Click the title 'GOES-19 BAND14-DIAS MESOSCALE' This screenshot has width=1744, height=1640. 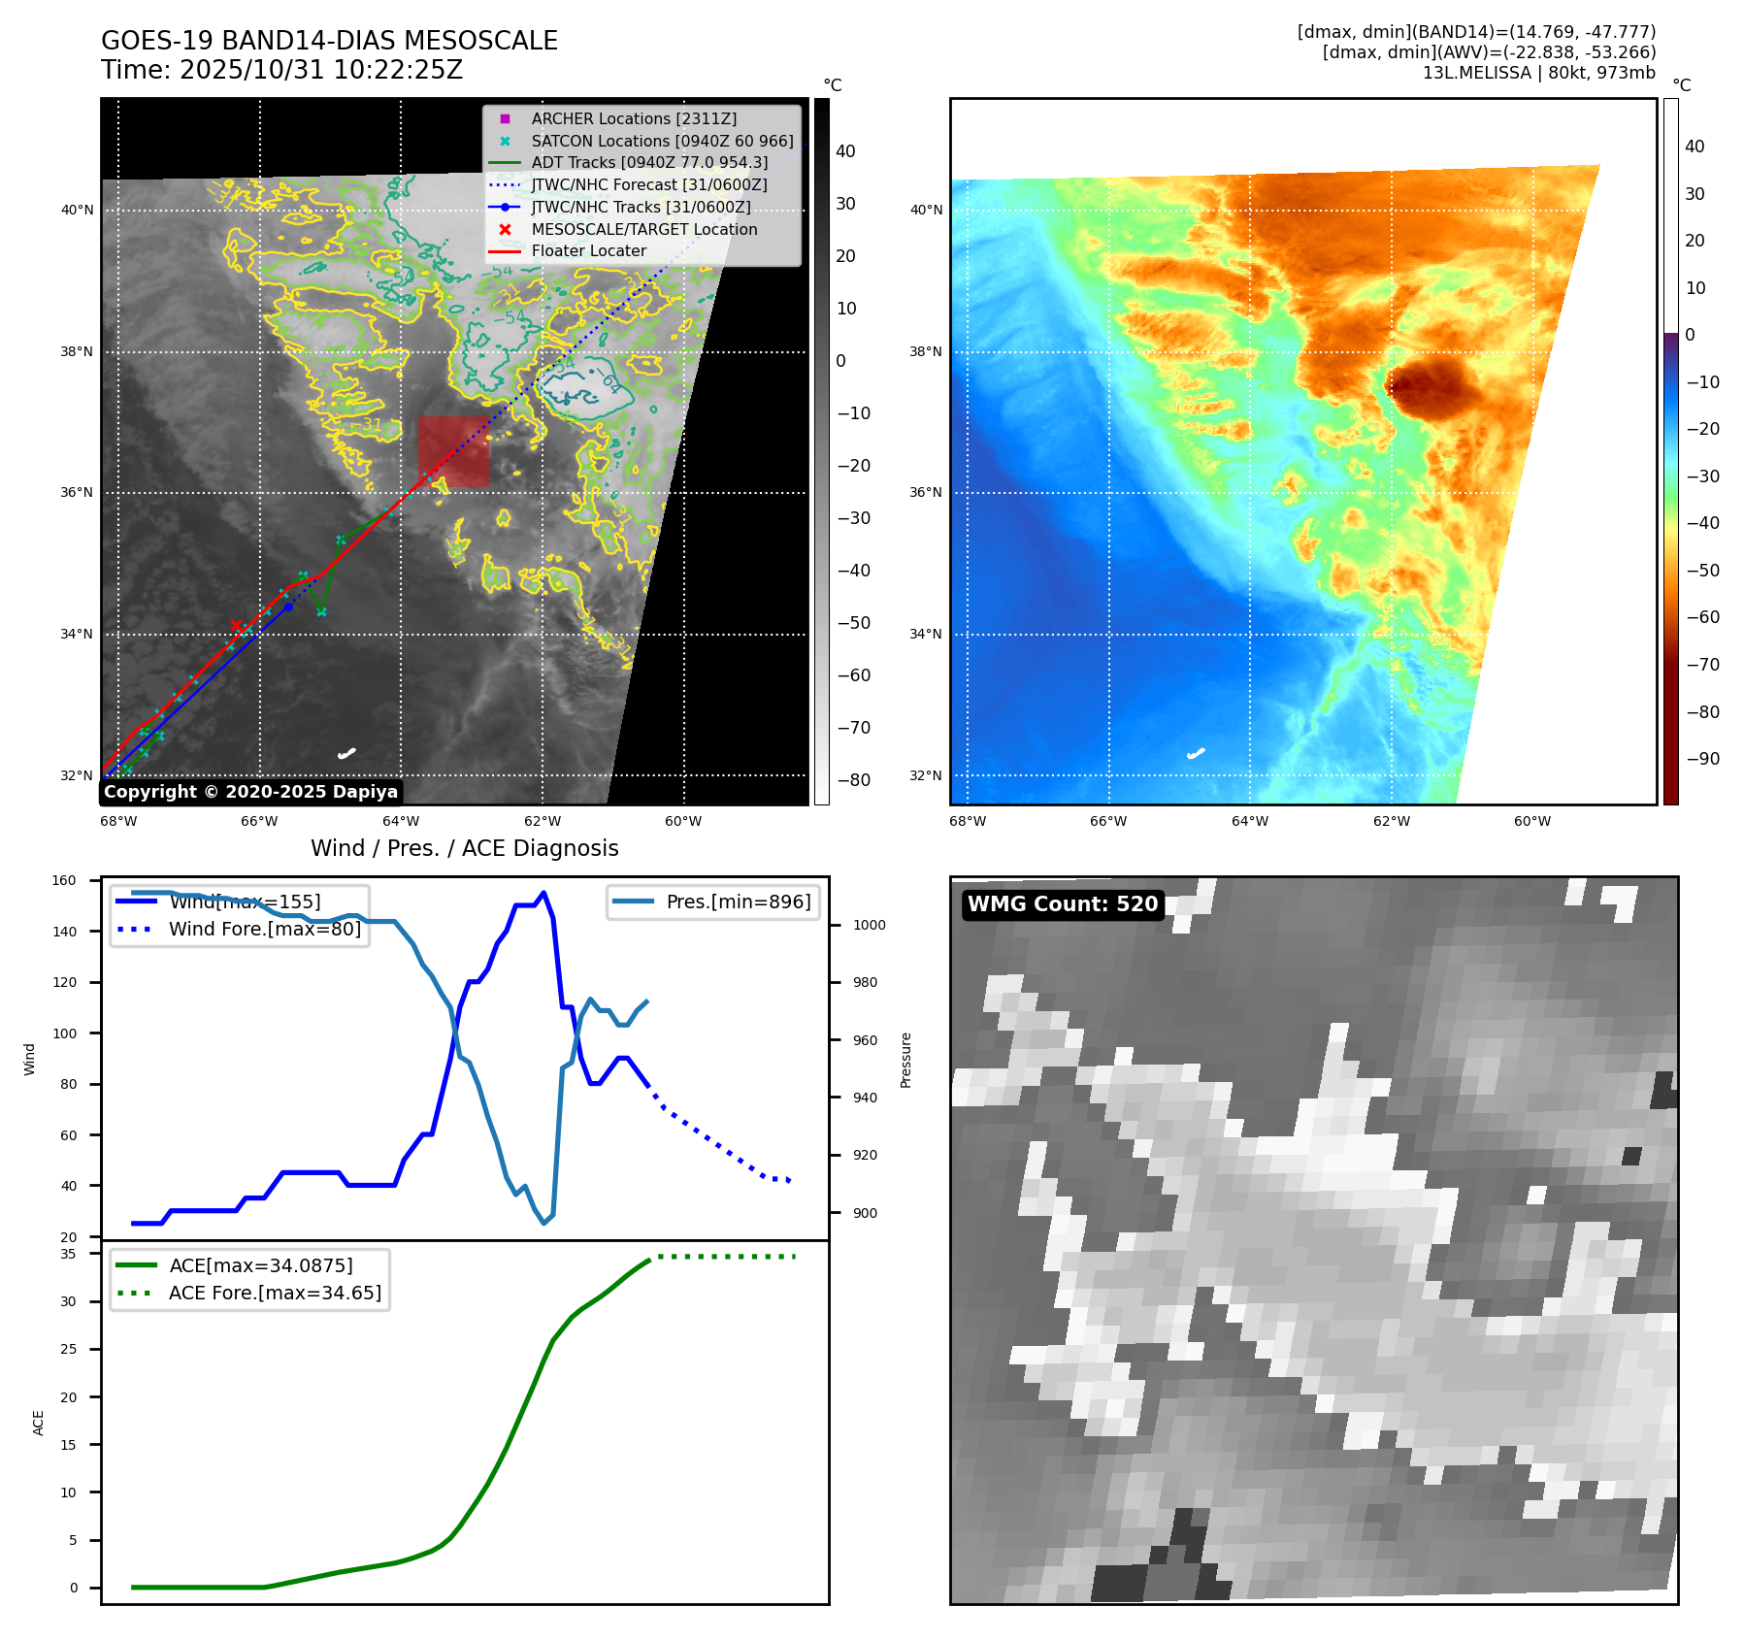click(329, 41)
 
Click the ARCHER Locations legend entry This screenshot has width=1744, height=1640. click(633, 118)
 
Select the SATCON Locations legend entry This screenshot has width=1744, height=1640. click(661, 141)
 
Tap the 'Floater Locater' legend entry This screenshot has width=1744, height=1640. click(588, 250)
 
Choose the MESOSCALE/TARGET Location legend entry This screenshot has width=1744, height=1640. click(643, 229)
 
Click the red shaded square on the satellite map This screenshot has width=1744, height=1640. click(453, 451)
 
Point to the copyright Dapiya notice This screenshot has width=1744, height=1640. click(250, 792)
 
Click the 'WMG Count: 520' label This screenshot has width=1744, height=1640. click(1063, 904)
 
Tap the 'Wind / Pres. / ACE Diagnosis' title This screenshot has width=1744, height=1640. click(464, 848)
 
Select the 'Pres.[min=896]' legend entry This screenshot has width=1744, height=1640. click(738, 902)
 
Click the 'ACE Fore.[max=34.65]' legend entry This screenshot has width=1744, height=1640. click(275, 1293)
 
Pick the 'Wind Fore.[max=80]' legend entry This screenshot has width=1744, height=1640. click(264, 929)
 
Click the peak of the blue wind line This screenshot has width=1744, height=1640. click(543, 893)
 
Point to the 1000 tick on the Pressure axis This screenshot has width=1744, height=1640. click(869, 925)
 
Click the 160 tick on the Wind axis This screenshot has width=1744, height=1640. click(64, 880)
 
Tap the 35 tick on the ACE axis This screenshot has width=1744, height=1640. click(68, 1254)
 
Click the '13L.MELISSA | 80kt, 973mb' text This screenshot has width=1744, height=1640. click(1538, 73)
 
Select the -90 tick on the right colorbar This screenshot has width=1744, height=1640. click(1702, 759)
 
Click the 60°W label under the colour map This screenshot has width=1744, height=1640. click(1531, 821)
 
